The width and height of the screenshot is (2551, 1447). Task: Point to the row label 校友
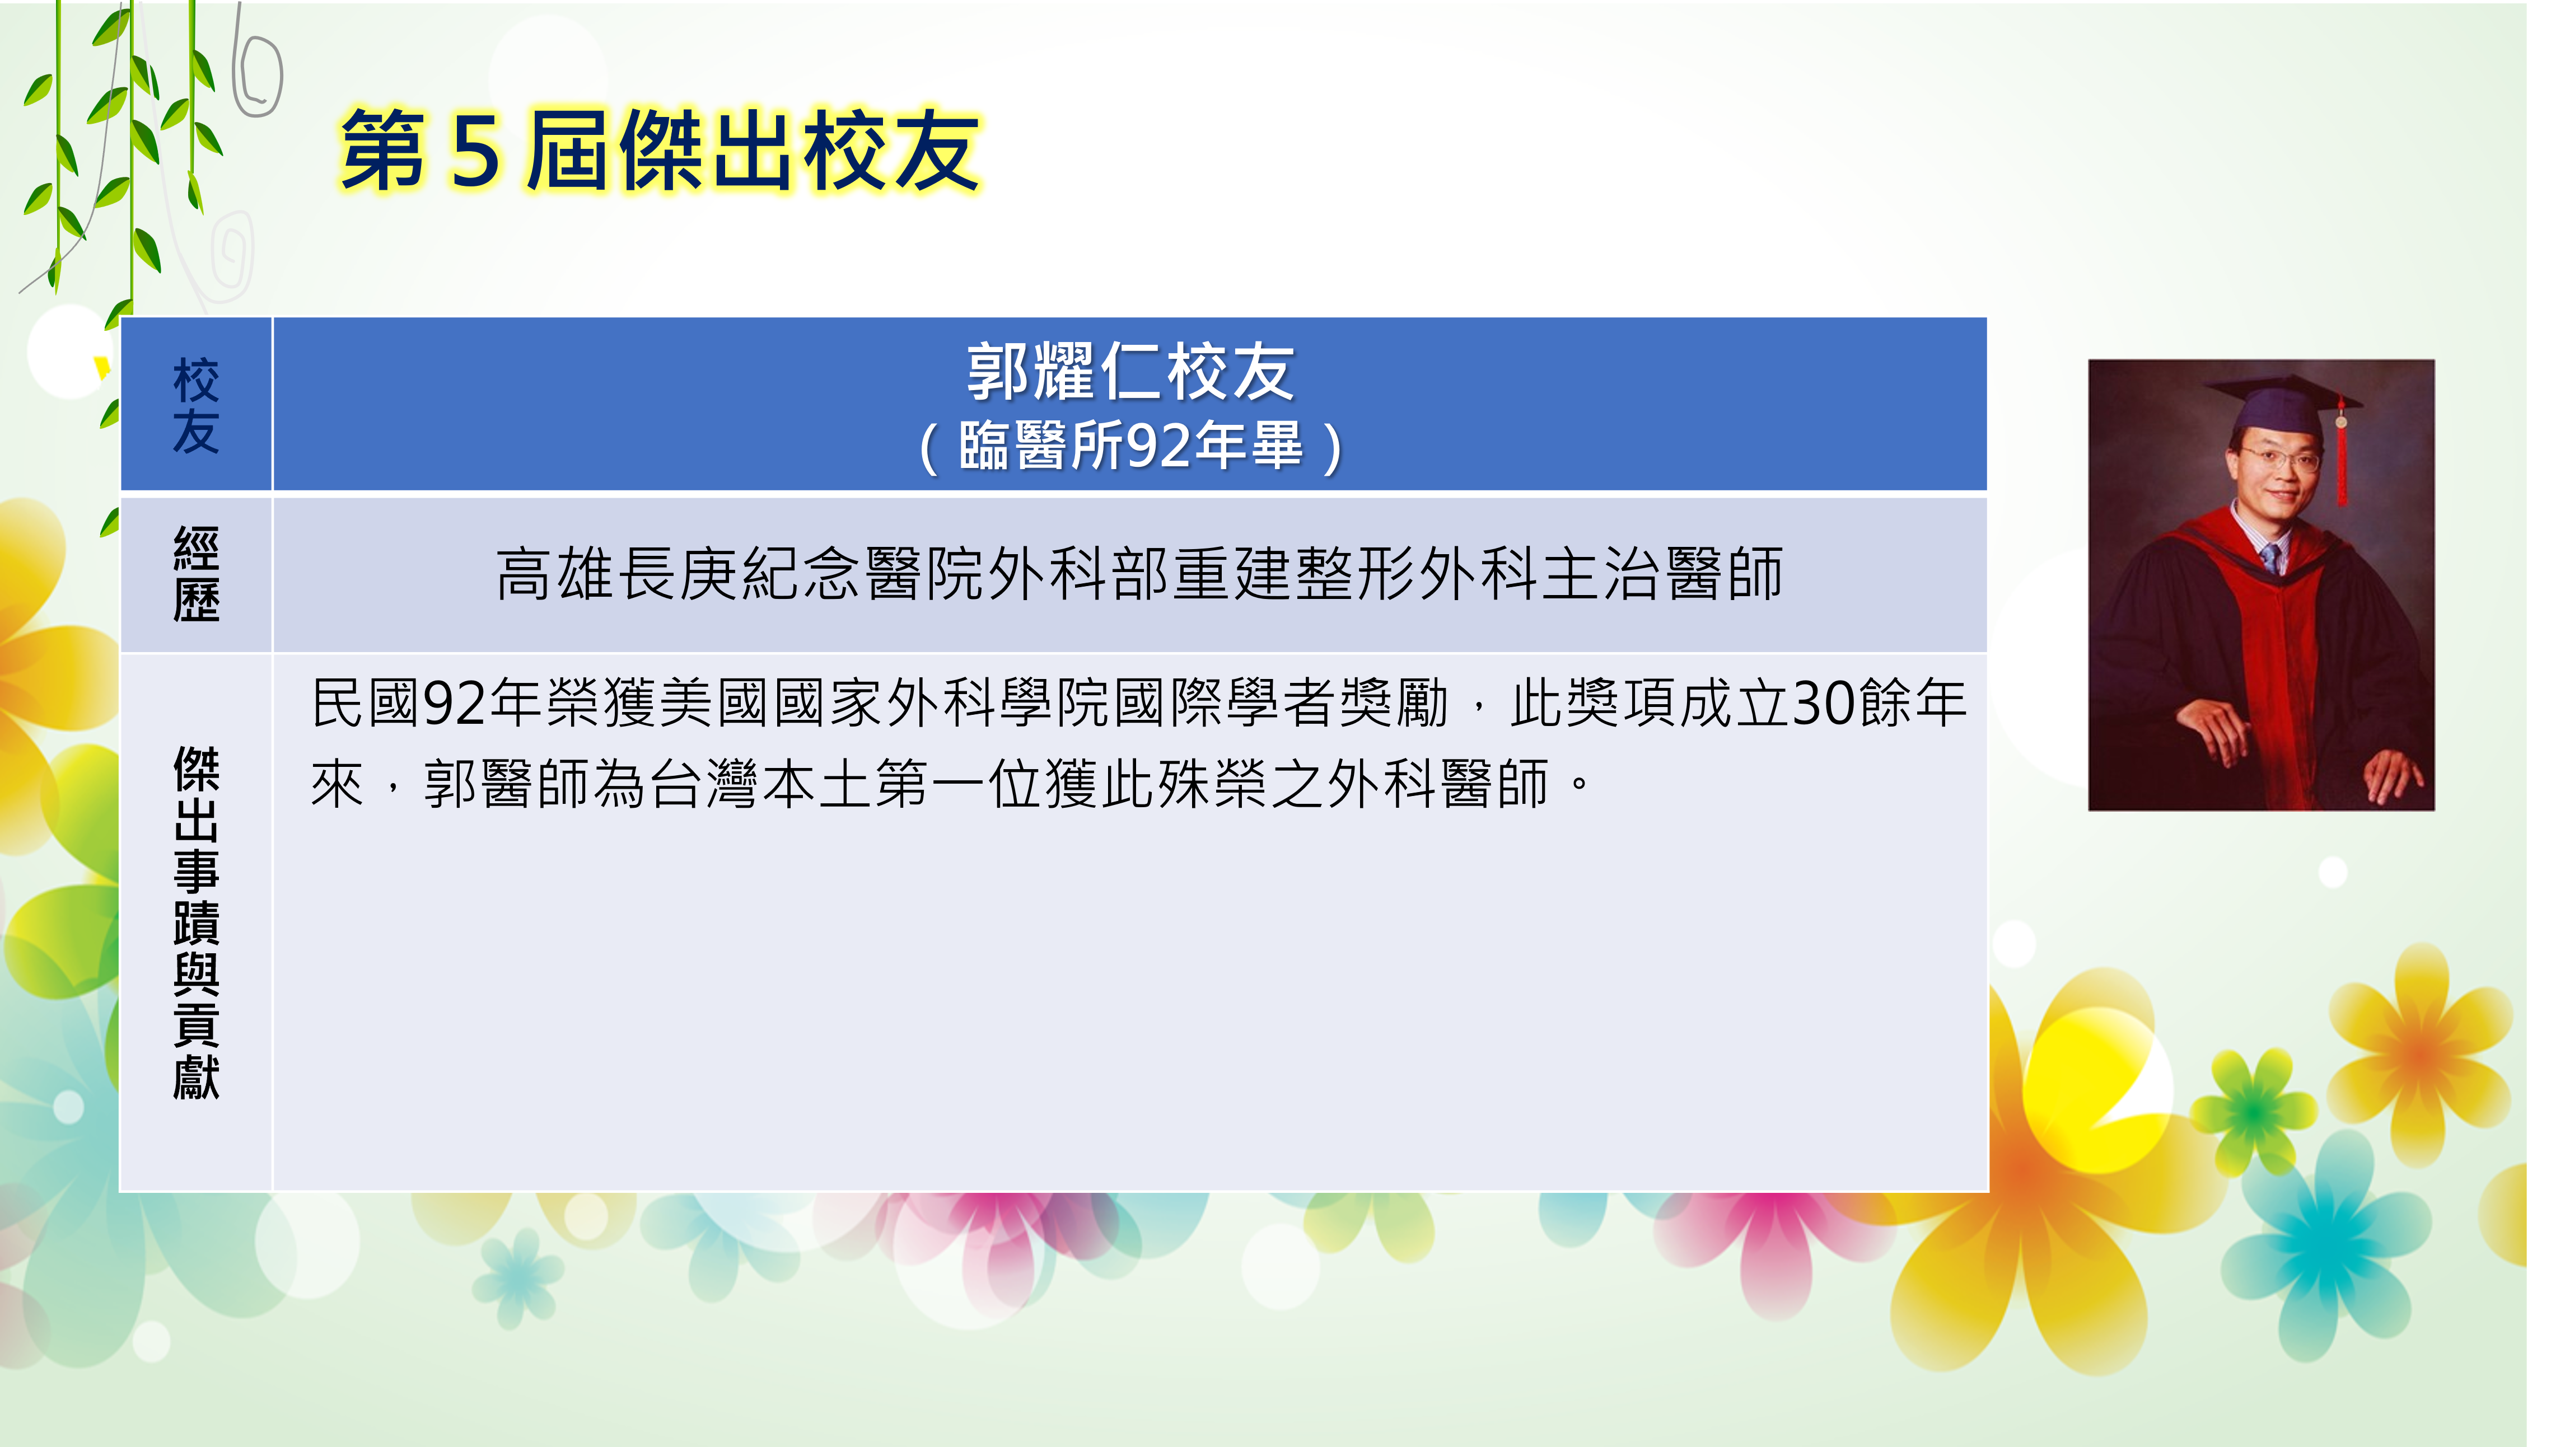[x=196, y=405]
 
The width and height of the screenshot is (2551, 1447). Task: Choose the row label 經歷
[x=196, y=574]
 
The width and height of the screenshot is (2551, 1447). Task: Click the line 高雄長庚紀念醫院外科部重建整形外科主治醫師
[x=1139, y=574]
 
